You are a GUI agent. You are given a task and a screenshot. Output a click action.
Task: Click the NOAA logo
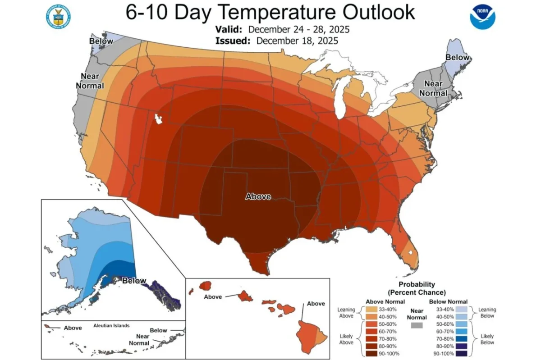[x=482, y=17]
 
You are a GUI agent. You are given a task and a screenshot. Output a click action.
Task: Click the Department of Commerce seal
[x=58, y=17]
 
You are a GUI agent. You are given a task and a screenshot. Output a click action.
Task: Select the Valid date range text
[x=298, y=30]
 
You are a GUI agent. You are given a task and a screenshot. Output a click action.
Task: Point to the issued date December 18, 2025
[x=298, y=41]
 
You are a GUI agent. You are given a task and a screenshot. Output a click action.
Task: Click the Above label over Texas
[x=258, y=196]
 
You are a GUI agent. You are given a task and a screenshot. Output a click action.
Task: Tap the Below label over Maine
[x=457, y=57]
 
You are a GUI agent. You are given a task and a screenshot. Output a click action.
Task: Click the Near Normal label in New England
[x=433, y=88]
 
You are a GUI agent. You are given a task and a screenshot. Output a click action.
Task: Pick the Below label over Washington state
[x=101, y=41]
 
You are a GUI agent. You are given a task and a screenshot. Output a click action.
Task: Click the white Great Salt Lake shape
[x=158, y=119]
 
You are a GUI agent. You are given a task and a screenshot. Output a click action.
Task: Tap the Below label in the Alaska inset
[x=134, y=280]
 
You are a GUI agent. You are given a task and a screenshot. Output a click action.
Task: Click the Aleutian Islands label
[x=111, y=325]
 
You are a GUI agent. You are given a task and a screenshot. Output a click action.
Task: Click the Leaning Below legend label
[x=487, y=313]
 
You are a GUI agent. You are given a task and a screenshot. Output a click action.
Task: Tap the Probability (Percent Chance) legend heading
[x=417, y=288]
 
